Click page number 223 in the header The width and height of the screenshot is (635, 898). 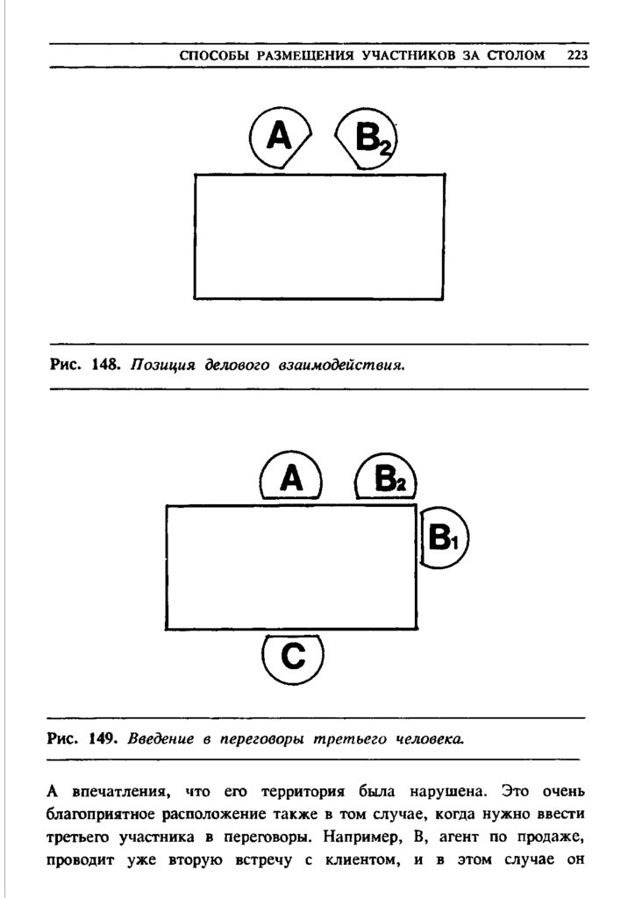[577, 55]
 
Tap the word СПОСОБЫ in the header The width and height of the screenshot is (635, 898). [211, 55]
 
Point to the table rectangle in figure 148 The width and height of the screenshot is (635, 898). [318, 237]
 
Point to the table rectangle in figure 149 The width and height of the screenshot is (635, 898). [291, 567]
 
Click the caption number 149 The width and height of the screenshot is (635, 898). [103, 738]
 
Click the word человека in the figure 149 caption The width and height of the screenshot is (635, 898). [430, 738]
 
